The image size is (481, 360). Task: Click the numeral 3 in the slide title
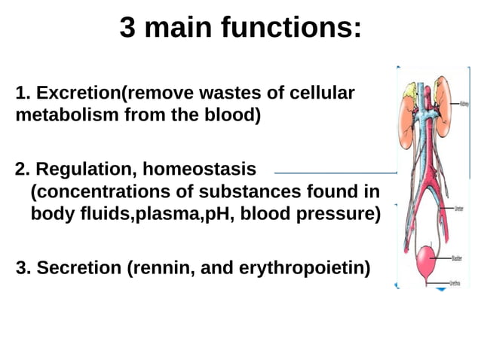128,29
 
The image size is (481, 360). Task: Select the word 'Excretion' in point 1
78,94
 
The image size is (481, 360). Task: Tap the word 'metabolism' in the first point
59,117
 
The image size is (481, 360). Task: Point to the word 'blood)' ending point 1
234,117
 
